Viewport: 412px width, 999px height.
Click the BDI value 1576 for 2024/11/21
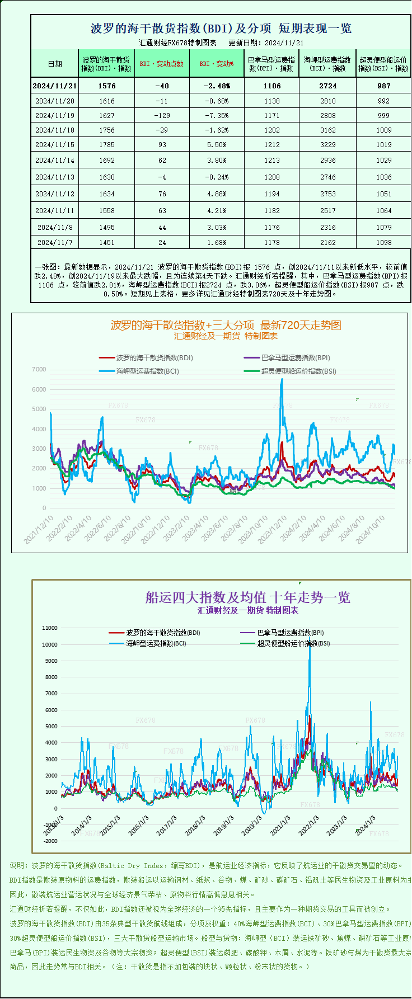[106, 86]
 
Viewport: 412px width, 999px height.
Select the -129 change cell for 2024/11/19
[162, 116]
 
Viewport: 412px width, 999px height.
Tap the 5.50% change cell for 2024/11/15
[216, 145]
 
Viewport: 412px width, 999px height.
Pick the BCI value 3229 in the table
[328, 145]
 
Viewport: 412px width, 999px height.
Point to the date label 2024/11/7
[54, 243]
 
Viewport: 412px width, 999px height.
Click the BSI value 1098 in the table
[383, 243]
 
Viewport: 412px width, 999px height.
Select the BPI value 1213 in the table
[272, 161]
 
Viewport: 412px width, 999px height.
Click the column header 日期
[55, 64]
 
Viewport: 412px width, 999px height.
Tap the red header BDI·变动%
[217, 64]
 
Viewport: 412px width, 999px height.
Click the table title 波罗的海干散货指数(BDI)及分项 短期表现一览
[221, 29]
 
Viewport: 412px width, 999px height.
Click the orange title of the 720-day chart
[226, 325]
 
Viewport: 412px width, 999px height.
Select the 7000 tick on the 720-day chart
[39, 369]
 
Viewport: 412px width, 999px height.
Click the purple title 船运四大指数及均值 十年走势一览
[247, 597]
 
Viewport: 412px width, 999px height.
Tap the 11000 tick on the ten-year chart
[50, 628]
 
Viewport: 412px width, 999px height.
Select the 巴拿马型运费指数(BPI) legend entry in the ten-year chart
[290, 633]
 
